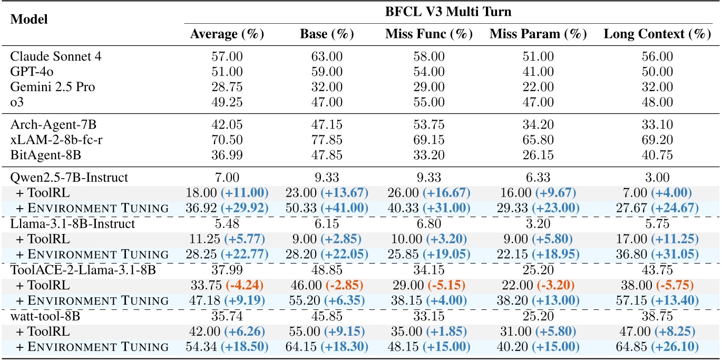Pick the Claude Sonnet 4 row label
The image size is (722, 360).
(47, 56)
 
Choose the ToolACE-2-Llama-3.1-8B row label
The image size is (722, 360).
(68, 270)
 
